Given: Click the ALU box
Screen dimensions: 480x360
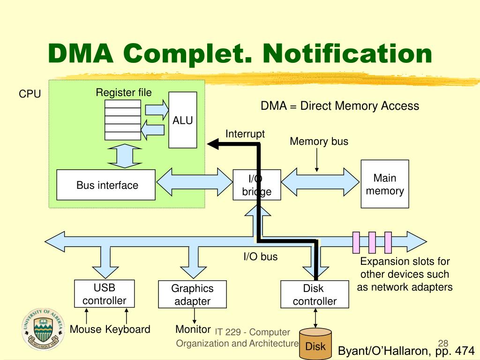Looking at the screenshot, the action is click(x=183, y=120).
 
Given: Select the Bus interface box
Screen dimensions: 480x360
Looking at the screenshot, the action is click(x=106, y=185).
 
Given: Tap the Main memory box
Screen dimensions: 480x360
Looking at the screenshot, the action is click(x=385, y=184).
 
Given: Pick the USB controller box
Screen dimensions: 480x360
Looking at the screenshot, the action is click(x=105, y=293).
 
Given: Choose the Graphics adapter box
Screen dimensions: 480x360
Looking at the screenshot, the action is click(x=193, y=294).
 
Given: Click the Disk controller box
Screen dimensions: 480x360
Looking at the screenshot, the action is click(x=315, y=294).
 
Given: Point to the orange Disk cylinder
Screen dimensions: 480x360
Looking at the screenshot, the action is click(x=315, y=344).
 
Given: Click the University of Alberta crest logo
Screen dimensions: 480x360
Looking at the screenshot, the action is click(x=43, y=330).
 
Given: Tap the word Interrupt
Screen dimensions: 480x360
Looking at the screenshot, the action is click(x=245, y=134).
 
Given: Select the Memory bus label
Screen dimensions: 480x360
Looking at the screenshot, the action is click(x=319, y=142).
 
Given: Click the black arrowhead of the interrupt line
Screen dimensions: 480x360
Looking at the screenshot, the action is click(x=213, y=144).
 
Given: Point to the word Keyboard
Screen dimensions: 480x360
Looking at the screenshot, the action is click(x=127, y=330).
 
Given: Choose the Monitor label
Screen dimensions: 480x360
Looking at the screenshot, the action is click(x=193, y=330).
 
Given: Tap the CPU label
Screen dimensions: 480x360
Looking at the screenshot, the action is click(x=30, y=94).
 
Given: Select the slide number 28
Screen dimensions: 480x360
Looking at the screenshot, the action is click(x=443, y=343).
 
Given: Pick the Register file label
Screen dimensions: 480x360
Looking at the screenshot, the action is click(x=124, y=92).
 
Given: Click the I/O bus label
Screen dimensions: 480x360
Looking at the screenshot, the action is click(x=261, y=256).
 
